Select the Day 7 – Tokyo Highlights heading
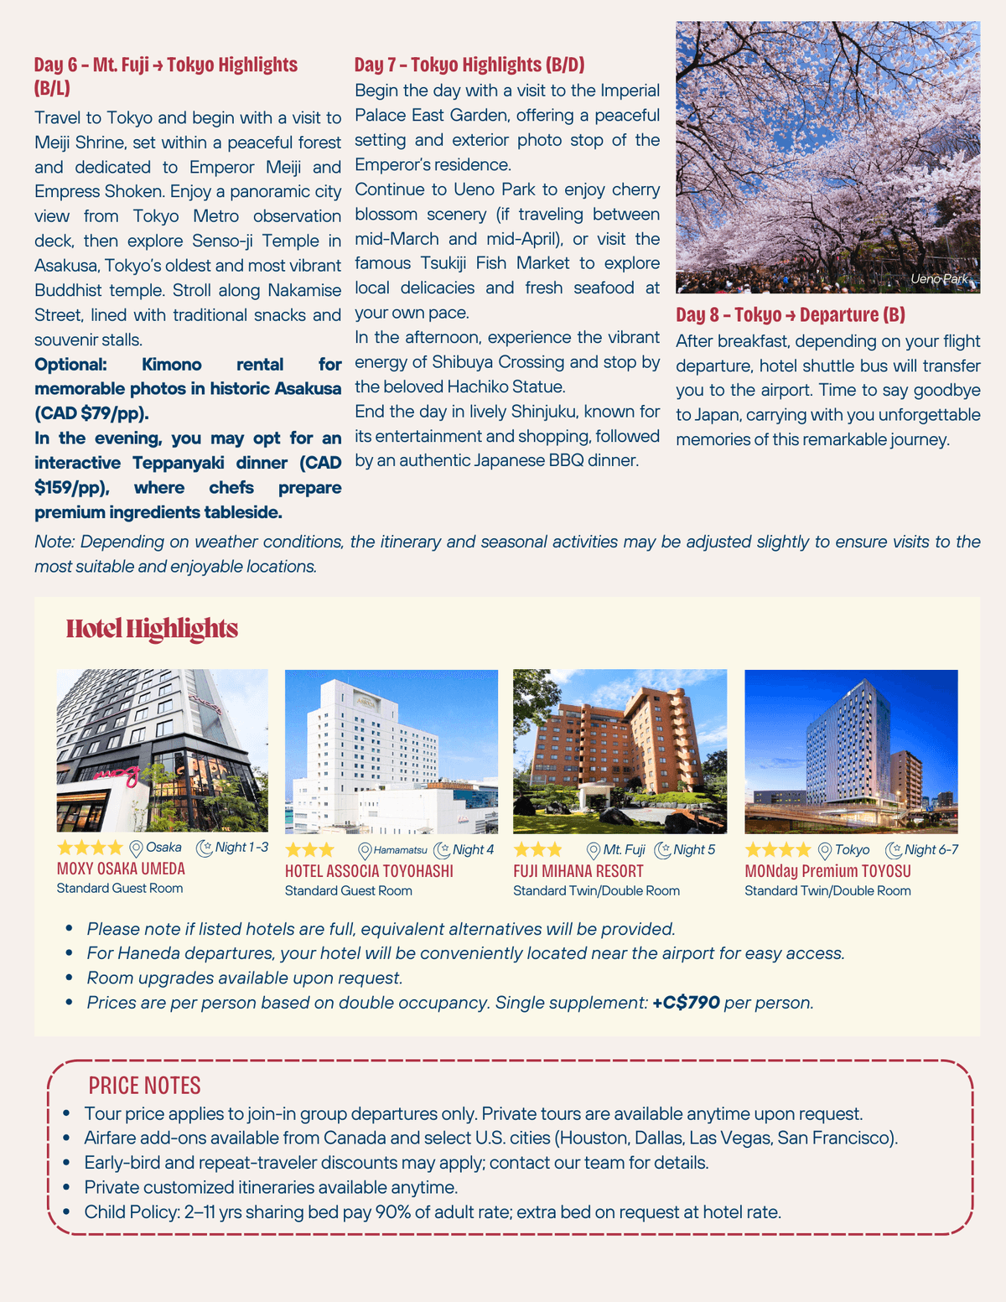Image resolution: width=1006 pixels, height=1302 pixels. click(469, 65)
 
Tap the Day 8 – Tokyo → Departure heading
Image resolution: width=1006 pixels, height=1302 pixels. click(791, 314)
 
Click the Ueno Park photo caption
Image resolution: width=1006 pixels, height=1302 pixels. click(939, 278)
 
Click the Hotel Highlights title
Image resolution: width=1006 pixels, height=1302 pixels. click(152, 629)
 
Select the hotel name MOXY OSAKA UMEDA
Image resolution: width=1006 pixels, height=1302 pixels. click(121, 869)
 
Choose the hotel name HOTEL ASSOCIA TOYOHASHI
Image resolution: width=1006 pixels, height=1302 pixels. click(369, 871)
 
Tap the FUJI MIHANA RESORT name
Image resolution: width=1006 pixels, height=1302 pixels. click(578, 871)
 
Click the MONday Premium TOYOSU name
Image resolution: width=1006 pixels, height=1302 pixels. click(827, 871)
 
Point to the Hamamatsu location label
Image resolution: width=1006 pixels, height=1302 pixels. click(400, 850)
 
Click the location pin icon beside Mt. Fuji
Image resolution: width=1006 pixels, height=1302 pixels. click(594, 850)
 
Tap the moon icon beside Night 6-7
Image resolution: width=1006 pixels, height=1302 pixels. click(894, 850)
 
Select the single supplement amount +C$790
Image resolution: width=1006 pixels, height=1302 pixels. click(686, 1002)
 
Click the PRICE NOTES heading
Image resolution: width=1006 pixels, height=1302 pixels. click(144, 1086)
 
